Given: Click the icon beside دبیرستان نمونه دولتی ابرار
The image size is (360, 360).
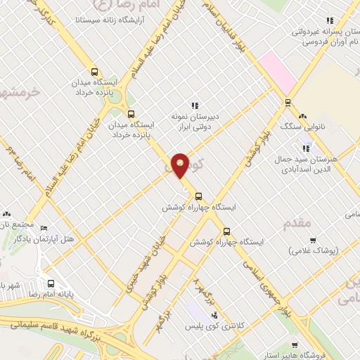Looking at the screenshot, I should (x=195, y=105).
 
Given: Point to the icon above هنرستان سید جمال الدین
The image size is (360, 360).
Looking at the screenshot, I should (x=306, y=149).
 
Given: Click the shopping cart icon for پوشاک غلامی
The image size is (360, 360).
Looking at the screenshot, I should (x=313, y=240).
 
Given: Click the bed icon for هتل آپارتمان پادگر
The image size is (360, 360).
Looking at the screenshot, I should (x=44, y=229).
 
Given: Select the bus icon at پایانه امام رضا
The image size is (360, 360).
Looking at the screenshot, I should (x=50, y=284).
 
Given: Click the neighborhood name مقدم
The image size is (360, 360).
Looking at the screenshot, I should (x=296, y=223).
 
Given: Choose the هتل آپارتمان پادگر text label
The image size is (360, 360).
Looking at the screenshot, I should (x=77, y=240).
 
